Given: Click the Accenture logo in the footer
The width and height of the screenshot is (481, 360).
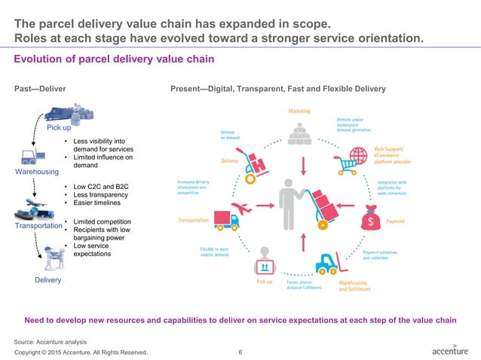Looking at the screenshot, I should coord(449,349).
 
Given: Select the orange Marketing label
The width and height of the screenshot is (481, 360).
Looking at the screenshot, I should coord(299,111).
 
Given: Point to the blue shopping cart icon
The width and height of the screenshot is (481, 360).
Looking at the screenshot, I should coord(348,158).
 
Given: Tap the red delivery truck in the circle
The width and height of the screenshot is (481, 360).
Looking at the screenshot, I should coord(227,219).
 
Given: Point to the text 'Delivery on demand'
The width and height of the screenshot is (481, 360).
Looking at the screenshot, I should coord(230,136).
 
